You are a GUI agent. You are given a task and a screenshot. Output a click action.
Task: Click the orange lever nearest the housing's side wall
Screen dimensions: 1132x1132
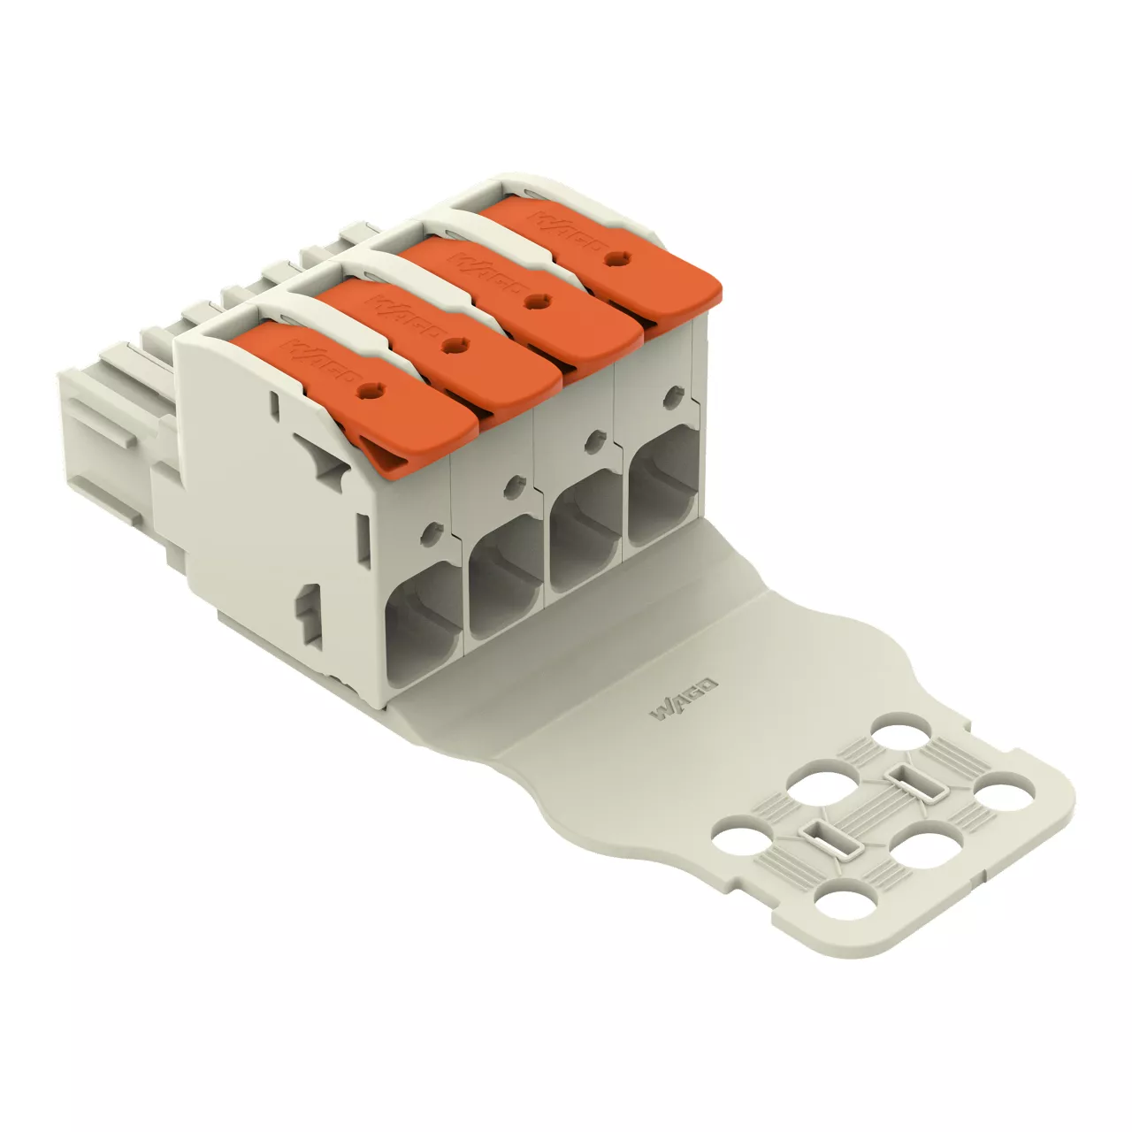coord(358,394)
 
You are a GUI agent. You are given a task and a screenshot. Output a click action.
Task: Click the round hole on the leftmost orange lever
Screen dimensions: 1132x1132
coord(369,388)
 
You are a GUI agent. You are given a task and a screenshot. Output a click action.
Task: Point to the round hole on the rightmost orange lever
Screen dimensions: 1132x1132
coord(615,257)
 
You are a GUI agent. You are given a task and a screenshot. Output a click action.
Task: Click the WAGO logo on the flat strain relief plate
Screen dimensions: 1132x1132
coord(684,699)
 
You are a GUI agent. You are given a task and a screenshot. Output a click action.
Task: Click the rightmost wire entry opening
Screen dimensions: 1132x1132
coord(665,491)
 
